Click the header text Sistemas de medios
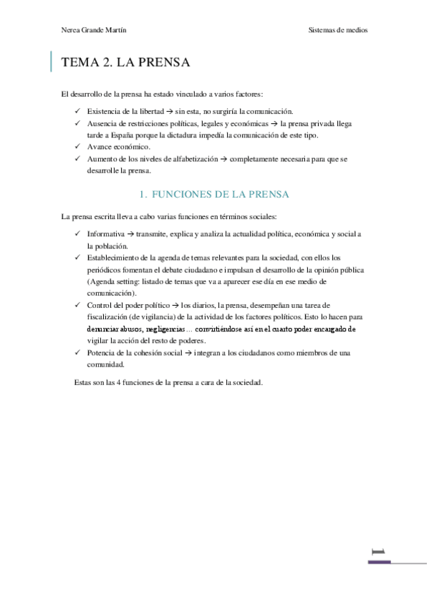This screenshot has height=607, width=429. [337, 30]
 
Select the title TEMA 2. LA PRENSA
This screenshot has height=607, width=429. [126, 63]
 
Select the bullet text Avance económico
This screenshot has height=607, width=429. [119, 147]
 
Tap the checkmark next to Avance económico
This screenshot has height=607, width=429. [77, 147]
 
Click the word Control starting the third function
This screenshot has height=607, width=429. [99, 306]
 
